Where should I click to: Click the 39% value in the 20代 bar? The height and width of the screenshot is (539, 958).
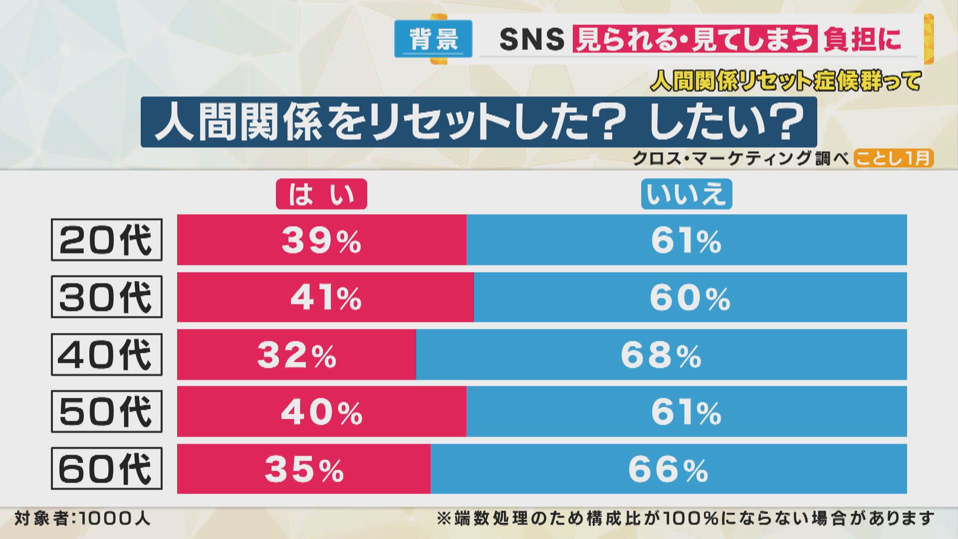pos(321,241)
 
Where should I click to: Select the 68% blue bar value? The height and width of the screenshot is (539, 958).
pos(661,355)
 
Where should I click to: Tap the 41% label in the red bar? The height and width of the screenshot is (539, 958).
pos(326,298)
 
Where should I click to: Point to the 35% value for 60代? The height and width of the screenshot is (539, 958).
pos(304,470)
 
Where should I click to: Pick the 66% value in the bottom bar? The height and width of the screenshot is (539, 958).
pos(668,470)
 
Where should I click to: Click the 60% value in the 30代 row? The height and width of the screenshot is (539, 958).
pos(690,298)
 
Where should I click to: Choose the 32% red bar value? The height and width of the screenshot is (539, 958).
pos(297,355)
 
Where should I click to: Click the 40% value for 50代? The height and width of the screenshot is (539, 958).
pos(322,412)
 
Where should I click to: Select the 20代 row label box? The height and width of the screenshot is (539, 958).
pos(107,240)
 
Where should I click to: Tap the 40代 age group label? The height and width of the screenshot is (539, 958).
pos(107,355)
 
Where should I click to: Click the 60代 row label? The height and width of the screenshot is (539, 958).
pos(107,469)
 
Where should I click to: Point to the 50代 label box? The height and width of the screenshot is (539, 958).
pos(107,412)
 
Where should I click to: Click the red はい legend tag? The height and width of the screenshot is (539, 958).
pos(321,194)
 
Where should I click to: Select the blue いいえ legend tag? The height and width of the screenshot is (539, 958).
pos(686,194)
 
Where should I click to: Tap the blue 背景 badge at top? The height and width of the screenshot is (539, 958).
pos(433,39)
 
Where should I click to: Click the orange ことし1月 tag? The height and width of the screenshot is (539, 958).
pos(893,158)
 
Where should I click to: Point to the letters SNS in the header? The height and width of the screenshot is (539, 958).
pos(531,39)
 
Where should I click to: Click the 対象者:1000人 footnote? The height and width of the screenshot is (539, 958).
pos(82,519)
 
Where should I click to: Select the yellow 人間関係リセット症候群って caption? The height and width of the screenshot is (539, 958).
pos(786,81)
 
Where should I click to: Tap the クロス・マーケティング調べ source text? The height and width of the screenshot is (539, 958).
pos(740,158)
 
